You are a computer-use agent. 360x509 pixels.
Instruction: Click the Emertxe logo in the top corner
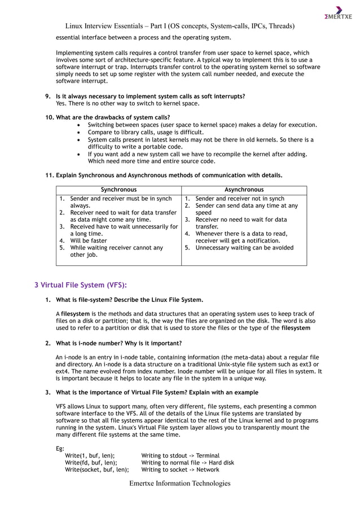point(338,14)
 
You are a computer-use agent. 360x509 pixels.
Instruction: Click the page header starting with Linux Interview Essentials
point(180,26)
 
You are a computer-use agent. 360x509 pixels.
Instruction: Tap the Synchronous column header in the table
point(118,190)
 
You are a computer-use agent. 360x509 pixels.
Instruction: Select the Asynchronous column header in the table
point(244,190)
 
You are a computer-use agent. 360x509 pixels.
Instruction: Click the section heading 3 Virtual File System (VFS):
point(81,285)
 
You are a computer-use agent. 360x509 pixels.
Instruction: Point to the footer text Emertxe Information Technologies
point(180,483)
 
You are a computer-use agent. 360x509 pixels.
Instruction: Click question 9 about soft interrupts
point(150,96)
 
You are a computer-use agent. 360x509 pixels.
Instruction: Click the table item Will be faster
point(89,240)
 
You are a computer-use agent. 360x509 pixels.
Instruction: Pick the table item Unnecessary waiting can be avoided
point(244,248)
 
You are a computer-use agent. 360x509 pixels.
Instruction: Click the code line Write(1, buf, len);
point(90,455)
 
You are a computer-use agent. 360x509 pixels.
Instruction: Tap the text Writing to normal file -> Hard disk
point(187,463)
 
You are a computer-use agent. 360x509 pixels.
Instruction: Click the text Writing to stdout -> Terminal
point(180,455)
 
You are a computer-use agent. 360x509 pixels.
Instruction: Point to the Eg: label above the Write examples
point(60,449)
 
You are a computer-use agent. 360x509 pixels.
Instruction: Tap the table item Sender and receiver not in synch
point(239,199)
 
